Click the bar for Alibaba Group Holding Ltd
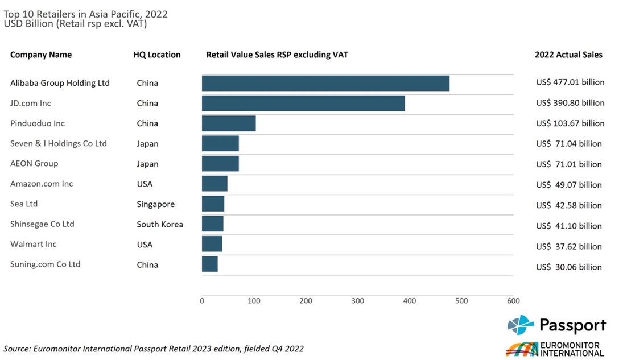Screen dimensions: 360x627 [325, 83]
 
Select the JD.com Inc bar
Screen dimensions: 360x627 [303, 103]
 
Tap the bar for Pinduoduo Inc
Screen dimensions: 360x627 [229, 123]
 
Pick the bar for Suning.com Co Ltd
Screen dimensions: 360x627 [210, 264]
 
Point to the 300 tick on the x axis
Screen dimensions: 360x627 [358, 300]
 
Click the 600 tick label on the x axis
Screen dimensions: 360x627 [513, 300]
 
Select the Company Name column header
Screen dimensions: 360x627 [41, 55]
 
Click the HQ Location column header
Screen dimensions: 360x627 [157, 55]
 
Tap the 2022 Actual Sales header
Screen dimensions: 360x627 [568, 55]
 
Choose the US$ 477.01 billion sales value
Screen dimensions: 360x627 [570, 82]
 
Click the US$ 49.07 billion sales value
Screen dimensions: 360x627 [569, 185]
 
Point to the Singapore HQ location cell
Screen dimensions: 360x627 [156, 204]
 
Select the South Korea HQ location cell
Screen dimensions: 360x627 [160, 224]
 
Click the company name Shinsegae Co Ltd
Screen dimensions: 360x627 [42, 224]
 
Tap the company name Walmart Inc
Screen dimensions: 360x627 [34, 244]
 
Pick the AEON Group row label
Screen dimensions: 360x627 [34, 164]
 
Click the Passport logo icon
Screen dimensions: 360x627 [521, 325]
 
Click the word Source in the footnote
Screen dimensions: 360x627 [16, 349]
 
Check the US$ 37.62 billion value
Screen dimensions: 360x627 [569, 246]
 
